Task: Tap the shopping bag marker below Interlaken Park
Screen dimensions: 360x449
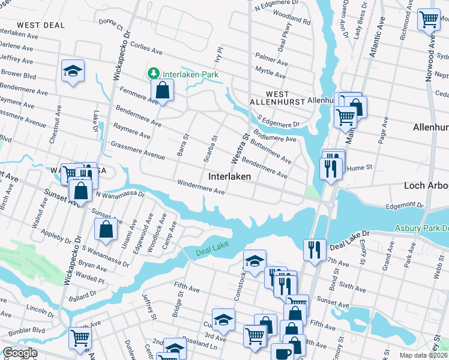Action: pos(163,91)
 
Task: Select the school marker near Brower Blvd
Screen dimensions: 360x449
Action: pos(73,71)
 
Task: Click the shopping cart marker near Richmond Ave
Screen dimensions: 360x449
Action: pos(429,20)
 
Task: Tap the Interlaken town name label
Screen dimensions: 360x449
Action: pos(229,177)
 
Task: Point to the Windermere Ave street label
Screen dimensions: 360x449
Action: pos(200,187)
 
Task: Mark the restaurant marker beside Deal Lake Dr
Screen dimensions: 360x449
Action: pos(315,248)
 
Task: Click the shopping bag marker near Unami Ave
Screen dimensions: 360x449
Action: pos(106,229)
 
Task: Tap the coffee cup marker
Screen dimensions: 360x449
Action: pos(282,353)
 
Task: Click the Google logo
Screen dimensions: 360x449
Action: pos(19,353)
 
